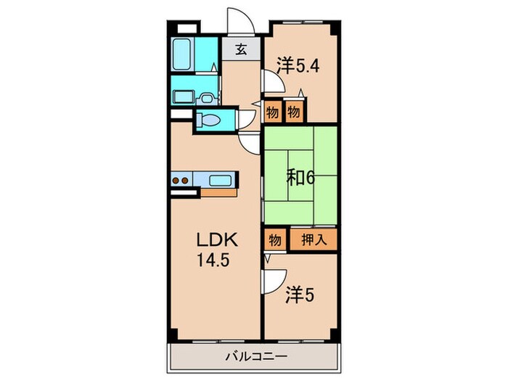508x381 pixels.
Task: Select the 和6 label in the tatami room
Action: (x=300, y=176)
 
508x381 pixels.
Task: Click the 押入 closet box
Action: (x=314, y=239)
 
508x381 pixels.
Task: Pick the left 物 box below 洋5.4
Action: (x=272, y=112)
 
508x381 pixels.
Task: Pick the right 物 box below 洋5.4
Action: (x=293, y=112)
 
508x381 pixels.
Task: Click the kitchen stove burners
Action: (x=181, y=180)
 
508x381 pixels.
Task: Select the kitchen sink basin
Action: (x=219, y=180)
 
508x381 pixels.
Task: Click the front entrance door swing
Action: (x=239, y=22)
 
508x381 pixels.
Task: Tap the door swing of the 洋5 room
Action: (x=273, y=280)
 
